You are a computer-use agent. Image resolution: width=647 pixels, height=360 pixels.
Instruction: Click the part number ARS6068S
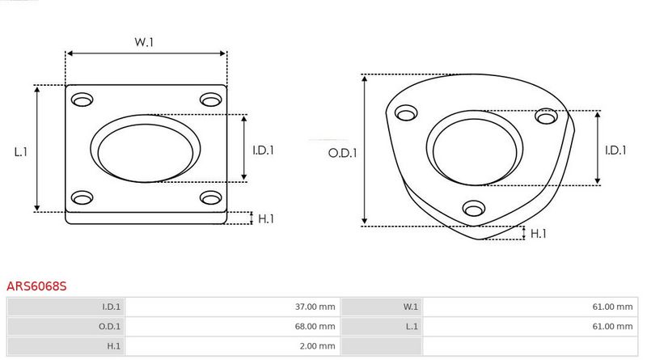36,286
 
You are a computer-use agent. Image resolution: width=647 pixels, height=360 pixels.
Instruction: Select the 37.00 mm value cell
233,307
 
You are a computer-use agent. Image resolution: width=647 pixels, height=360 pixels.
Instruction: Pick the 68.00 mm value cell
233,326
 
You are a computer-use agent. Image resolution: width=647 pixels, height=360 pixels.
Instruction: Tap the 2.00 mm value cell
233,346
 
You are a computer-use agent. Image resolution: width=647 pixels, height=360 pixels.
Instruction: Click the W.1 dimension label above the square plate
144,42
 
